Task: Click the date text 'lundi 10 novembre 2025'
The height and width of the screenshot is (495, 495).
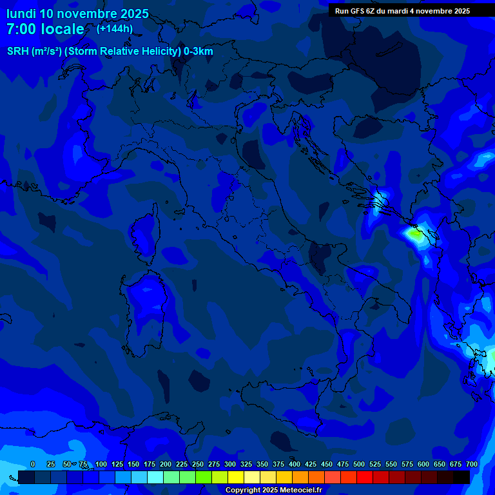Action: tap(77, 14)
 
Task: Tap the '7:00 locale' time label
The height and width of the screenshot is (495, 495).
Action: tap(45, 29)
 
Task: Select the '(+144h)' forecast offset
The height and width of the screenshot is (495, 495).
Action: tap(115, 28)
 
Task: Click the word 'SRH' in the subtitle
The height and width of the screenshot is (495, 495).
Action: tap(18, 52)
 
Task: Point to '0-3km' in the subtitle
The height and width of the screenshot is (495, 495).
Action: tap(199, 52)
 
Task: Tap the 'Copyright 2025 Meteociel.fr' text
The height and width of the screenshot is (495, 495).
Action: tap(273, 490)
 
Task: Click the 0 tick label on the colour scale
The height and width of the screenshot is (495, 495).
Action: tap(33, 465)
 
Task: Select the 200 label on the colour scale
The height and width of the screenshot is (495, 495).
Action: tap(166, 465)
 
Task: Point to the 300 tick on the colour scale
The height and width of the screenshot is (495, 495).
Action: tap(230, 465)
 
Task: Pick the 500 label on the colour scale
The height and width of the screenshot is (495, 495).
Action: tap(359, 465)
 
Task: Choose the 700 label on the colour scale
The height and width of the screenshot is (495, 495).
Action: tap(472, 465)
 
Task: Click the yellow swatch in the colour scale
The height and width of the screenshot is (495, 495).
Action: tap(236, 477)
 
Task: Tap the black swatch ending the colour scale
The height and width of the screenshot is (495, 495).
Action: tap(461, 477)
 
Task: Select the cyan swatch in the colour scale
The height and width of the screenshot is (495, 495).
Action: tap(155, 477)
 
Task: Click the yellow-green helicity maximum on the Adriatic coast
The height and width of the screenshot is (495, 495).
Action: tap(417, 235)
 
